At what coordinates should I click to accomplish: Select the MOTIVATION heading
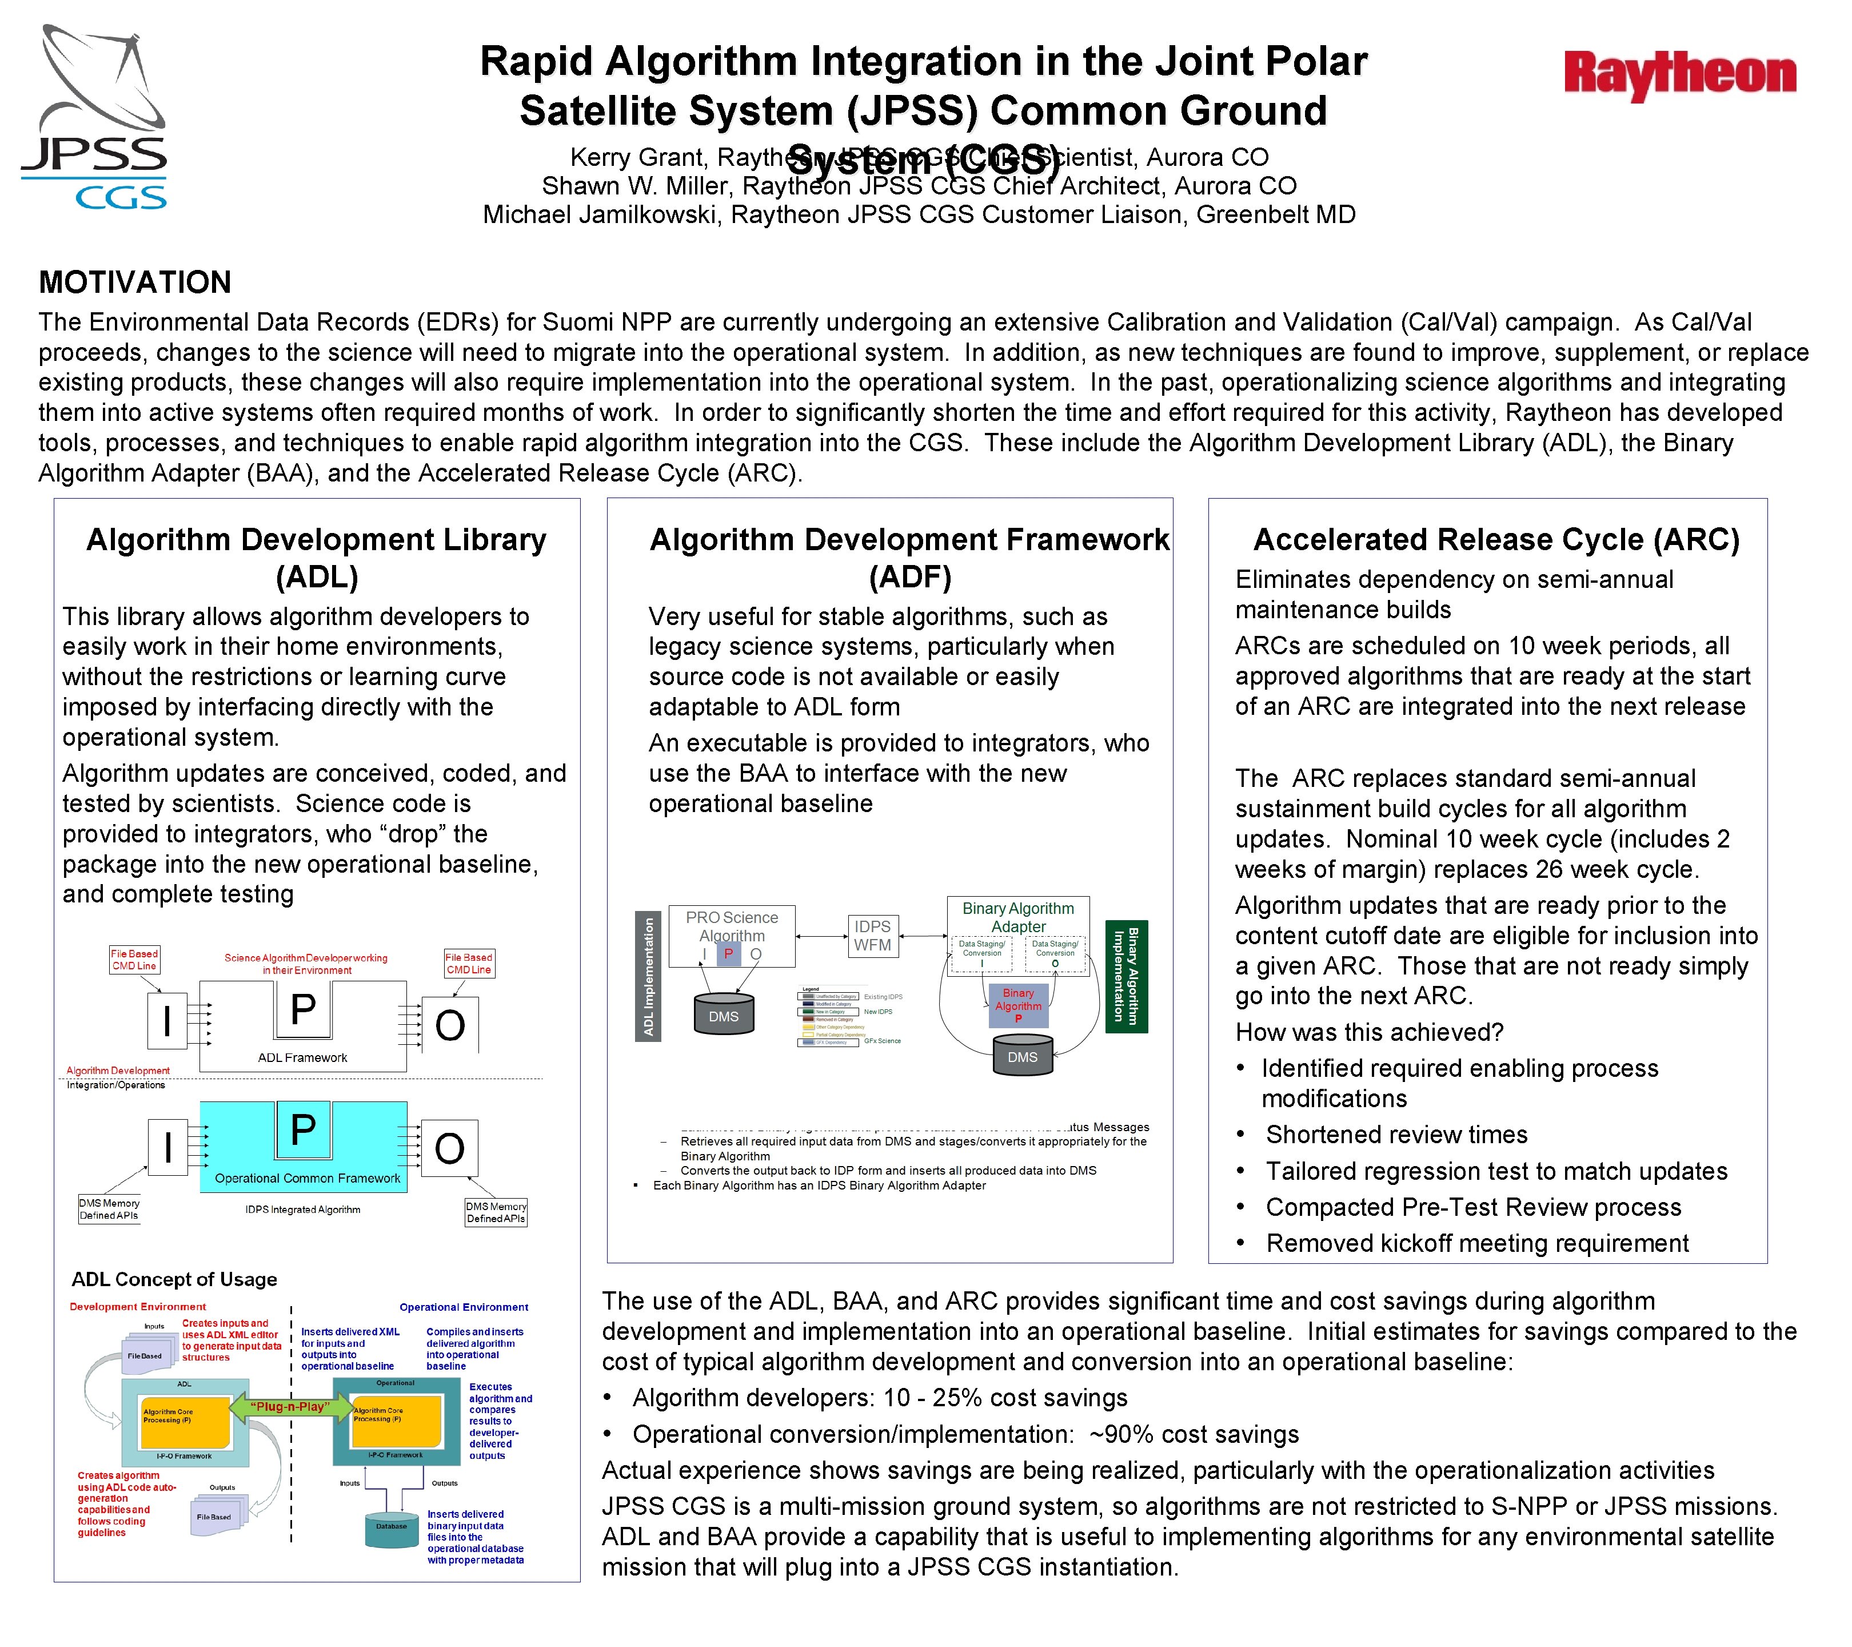pyautogui.click(x=135, y=283)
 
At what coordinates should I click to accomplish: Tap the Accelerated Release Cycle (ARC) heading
pyautogui.click(x=1496, y=540)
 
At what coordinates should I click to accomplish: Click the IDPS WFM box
pyautogui.click(x=872, y=936)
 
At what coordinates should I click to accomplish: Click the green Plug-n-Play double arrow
pyautogui.click(x=290, y=1407)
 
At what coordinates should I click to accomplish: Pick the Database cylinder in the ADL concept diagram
pyautogui.click(x=392, y=1528)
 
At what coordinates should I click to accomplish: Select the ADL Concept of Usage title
pyautogui.click(x=174, y=1279)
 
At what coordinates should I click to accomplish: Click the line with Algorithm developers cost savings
pyautogui.click(x=879, y=1398)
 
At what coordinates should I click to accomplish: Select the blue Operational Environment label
pyautogui.click(x=464, y=1307)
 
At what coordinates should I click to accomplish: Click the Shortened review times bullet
pyautogui.click(x=1396, y=1134)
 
